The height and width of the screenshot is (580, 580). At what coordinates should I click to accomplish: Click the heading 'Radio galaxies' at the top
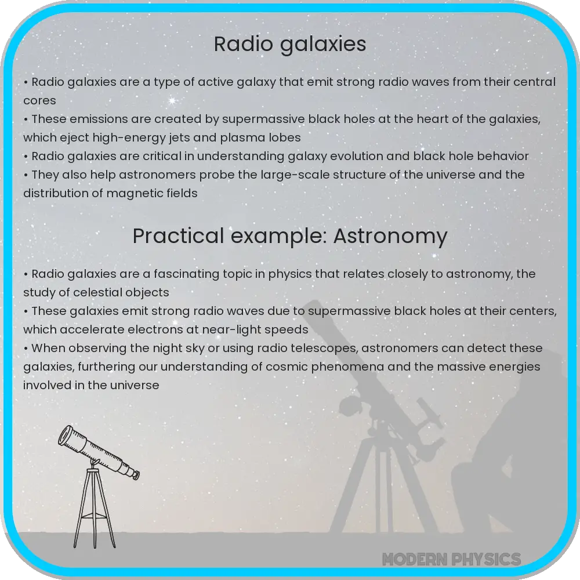(290, 45)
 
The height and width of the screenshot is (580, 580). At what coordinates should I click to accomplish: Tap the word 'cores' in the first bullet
(39, 100)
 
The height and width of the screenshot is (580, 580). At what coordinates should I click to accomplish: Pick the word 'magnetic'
(128, 193)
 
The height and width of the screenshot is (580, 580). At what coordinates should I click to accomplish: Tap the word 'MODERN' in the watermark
(412, 559)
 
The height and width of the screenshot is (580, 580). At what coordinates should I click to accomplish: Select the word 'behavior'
(500, 156)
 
